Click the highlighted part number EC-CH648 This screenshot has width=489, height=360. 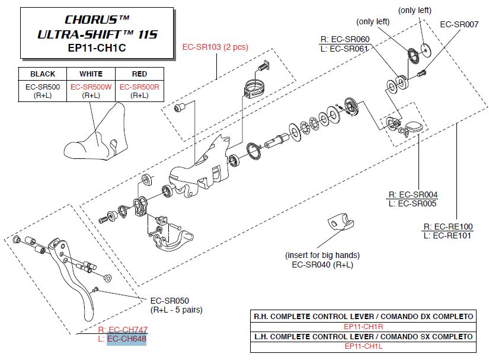[x=127, y=339]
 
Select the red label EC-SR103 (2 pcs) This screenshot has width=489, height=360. [x=215, y=47]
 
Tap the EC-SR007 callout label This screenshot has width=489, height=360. [x=459, y=24]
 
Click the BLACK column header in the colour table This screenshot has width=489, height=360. [x=43, y=74]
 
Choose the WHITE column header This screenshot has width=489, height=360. [x=91, y=74]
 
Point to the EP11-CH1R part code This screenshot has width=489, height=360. [x=363, y=327]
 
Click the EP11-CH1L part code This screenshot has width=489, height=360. [x=363, y=346]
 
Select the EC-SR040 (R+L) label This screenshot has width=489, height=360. [x=322, y=265]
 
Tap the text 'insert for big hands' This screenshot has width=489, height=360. [x=322, y=255]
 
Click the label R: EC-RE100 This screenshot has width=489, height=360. [x=448, y=227]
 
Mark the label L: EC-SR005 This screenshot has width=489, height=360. [x=413, y=203]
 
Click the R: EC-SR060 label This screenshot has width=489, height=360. [x=345, y=39]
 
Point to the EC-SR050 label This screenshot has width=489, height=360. [x=170, y=301]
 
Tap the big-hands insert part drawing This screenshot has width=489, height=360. [x=341, y=221]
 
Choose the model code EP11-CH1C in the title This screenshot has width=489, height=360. [x=97, y=47]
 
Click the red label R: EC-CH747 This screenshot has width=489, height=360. [x=123, y=329]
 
